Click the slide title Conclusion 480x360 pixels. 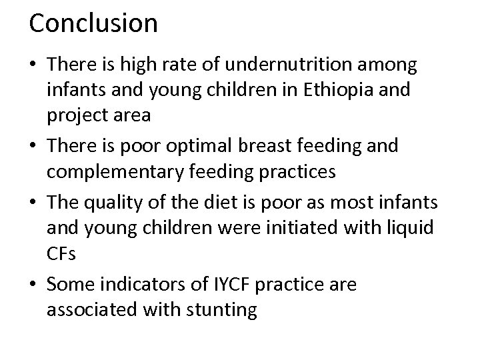pyautogui.click(x=93, y=23)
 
